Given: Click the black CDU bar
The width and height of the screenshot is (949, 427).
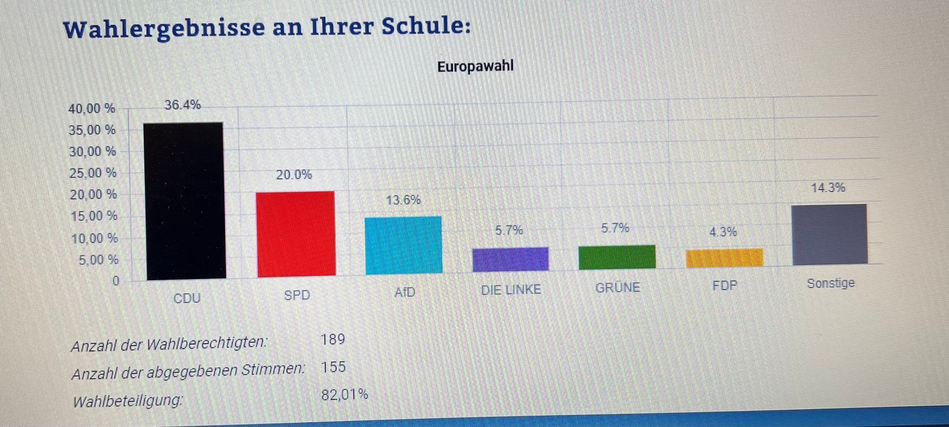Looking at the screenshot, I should tap(185, 201).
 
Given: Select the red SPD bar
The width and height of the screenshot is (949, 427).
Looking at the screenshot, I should tap(296, 234).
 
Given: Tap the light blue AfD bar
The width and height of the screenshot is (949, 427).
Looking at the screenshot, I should tap(404, 245).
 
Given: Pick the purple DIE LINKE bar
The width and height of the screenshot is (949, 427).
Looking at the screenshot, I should tap(511, 259).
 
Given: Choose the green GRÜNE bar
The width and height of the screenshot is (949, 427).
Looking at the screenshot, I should tap(617, 257).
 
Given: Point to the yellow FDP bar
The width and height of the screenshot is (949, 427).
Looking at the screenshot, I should tap(725, 258).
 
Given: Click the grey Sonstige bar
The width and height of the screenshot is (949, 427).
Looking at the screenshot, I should tap(830, 234).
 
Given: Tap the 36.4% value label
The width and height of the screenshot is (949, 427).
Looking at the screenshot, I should tap(183, 105).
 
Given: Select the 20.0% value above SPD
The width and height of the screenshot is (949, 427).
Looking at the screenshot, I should tap(294, 175).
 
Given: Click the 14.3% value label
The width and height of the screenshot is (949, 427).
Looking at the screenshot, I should tap(828, 188).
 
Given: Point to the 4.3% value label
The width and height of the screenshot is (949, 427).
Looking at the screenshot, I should tap(723, 232).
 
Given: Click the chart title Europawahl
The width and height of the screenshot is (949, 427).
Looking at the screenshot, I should tap(475, 66).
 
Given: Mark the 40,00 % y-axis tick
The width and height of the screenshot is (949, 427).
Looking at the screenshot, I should tap(92, 109).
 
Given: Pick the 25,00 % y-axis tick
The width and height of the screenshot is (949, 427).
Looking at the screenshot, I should tap(93, 173).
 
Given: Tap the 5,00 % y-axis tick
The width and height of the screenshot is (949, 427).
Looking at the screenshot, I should tap(99, 260).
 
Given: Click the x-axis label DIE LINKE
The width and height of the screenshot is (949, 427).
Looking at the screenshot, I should tap(511, 290).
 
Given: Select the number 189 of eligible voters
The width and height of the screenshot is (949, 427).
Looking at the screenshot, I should tap(333, 340).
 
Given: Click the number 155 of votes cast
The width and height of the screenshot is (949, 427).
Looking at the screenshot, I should tap(333, 367).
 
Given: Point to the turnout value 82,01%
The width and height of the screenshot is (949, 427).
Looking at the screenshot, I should tap(345, 395).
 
